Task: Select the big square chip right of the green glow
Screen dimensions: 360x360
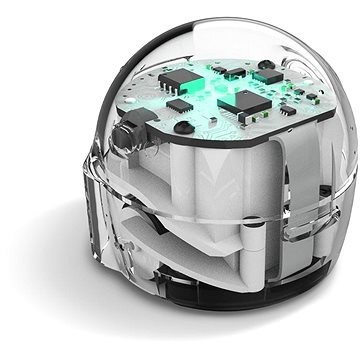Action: click(239, 101)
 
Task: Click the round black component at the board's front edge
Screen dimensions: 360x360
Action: click(184, 127)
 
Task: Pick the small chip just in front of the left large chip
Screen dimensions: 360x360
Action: click(178, 104)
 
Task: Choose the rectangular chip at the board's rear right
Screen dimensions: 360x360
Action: click(270, 76)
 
